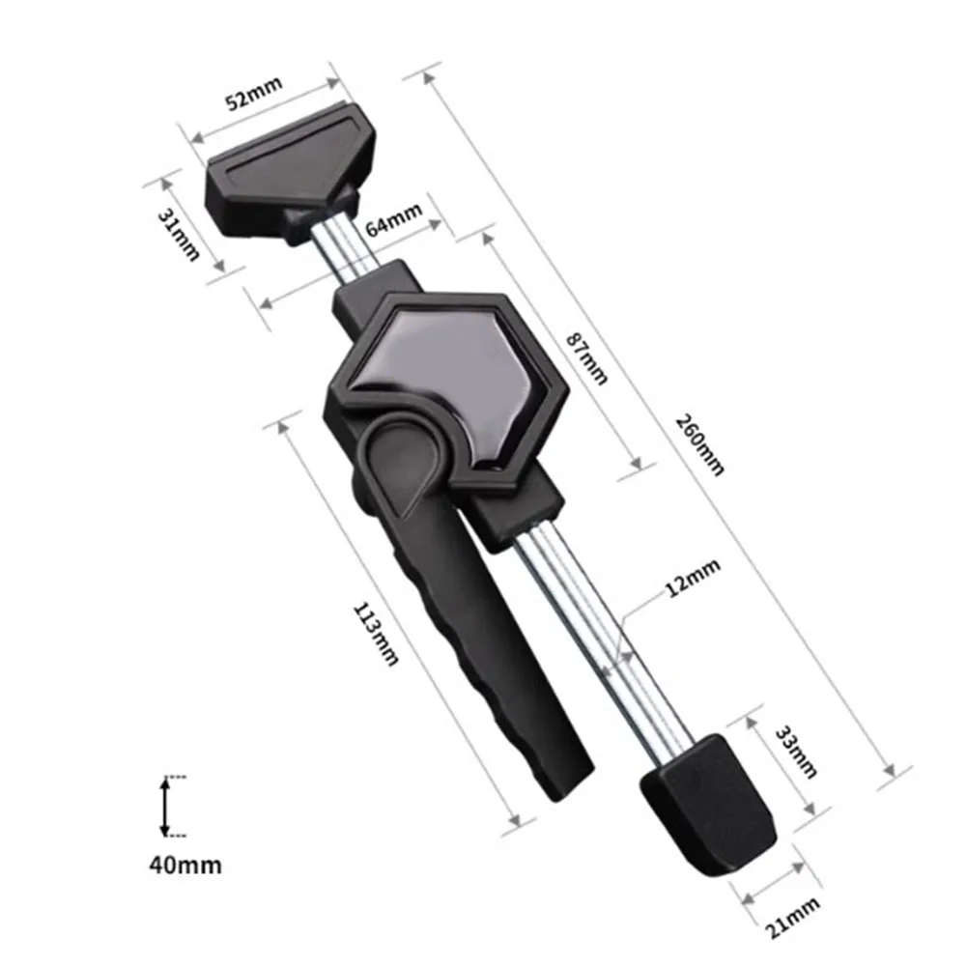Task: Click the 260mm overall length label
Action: pyautogui.click(x=699, y=443)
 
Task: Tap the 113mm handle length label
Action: pyautogui.click(x=376, y=633)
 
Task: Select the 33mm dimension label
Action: pyautogui.click(x=797, y=751)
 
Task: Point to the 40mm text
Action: pyautogui.click(x=185, y=864)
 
